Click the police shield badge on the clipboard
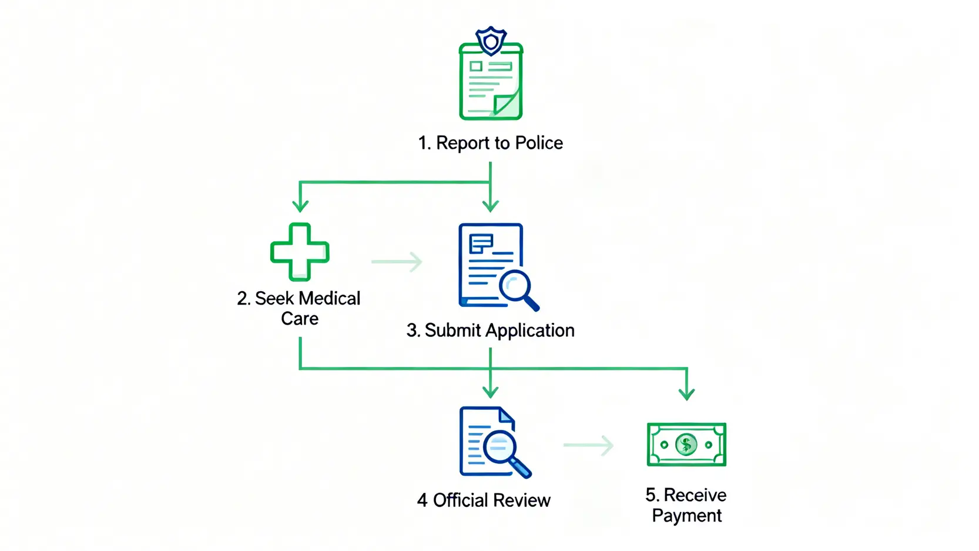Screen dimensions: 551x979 [491, 41]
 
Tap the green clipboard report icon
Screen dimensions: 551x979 [491, 82]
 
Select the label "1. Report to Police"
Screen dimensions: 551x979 [490, 143]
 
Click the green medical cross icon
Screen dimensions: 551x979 [300, 252]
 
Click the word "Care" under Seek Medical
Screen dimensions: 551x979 [300, 319]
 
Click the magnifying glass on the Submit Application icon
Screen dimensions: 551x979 [517, 288]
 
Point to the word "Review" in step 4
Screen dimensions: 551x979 [521, 500]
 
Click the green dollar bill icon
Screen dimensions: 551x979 [686, 445]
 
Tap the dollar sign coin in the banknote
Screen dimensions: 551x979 [686, 445]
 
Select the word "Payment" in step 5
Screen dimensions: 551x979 [686, 516]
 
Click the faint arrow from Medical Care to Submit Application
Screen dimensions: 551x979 [397, 262]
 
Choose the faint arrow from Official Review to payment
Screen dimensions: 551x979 [588, 445]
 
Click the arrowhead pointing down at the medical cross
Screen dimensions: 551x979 [300, 205]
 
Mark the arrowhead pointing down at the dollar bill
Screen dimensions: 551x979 [686, 393]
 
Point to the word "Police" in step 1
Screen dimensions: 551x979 [539, 143]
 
